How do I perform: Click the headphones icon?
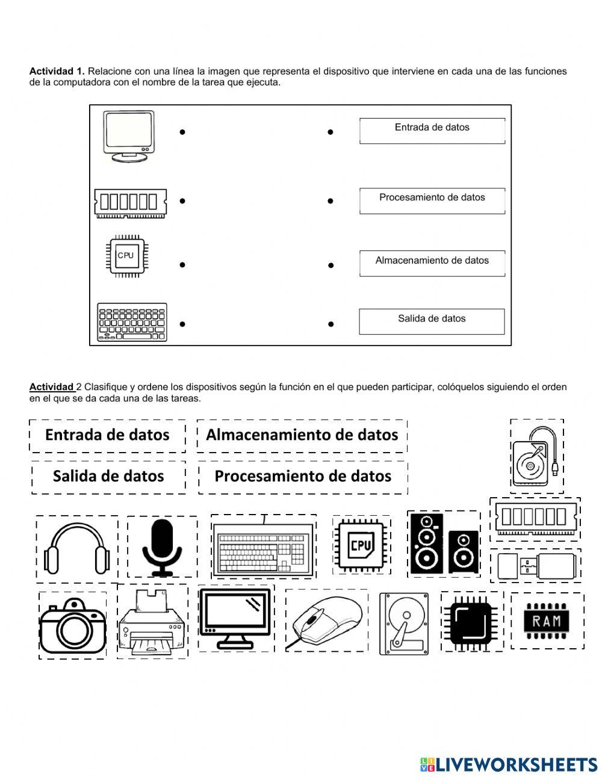point(78,548)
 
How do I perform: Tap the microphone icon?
point(161,547)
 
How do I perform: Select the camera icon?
point(73,625)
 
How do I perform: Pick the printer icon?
point(152,623)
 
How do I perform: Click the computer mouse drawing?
point(327,621)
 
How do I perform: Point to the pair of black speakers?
point(444,543)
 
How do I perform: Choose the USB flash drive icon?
point(535,565)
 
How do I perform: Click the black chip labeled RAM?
point(547,621)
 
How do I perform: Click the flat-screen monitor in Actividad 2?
point(235,619)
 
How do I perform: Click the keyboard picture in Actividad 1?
point(132,322)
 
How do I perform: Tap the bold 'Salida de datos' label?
point(108,476)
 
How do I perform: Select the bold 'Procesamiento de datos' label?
point(303,476)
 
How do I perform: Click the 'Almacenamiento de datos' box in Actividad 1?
point(432,263)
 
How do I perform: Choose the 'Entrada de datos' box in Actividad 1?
point(432,130)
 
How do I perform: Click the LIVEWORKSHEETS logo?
point(509,764)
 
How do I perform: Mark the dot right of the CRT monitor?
point(182,132)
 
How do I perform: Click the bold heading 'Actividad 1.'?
point(57,71)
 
